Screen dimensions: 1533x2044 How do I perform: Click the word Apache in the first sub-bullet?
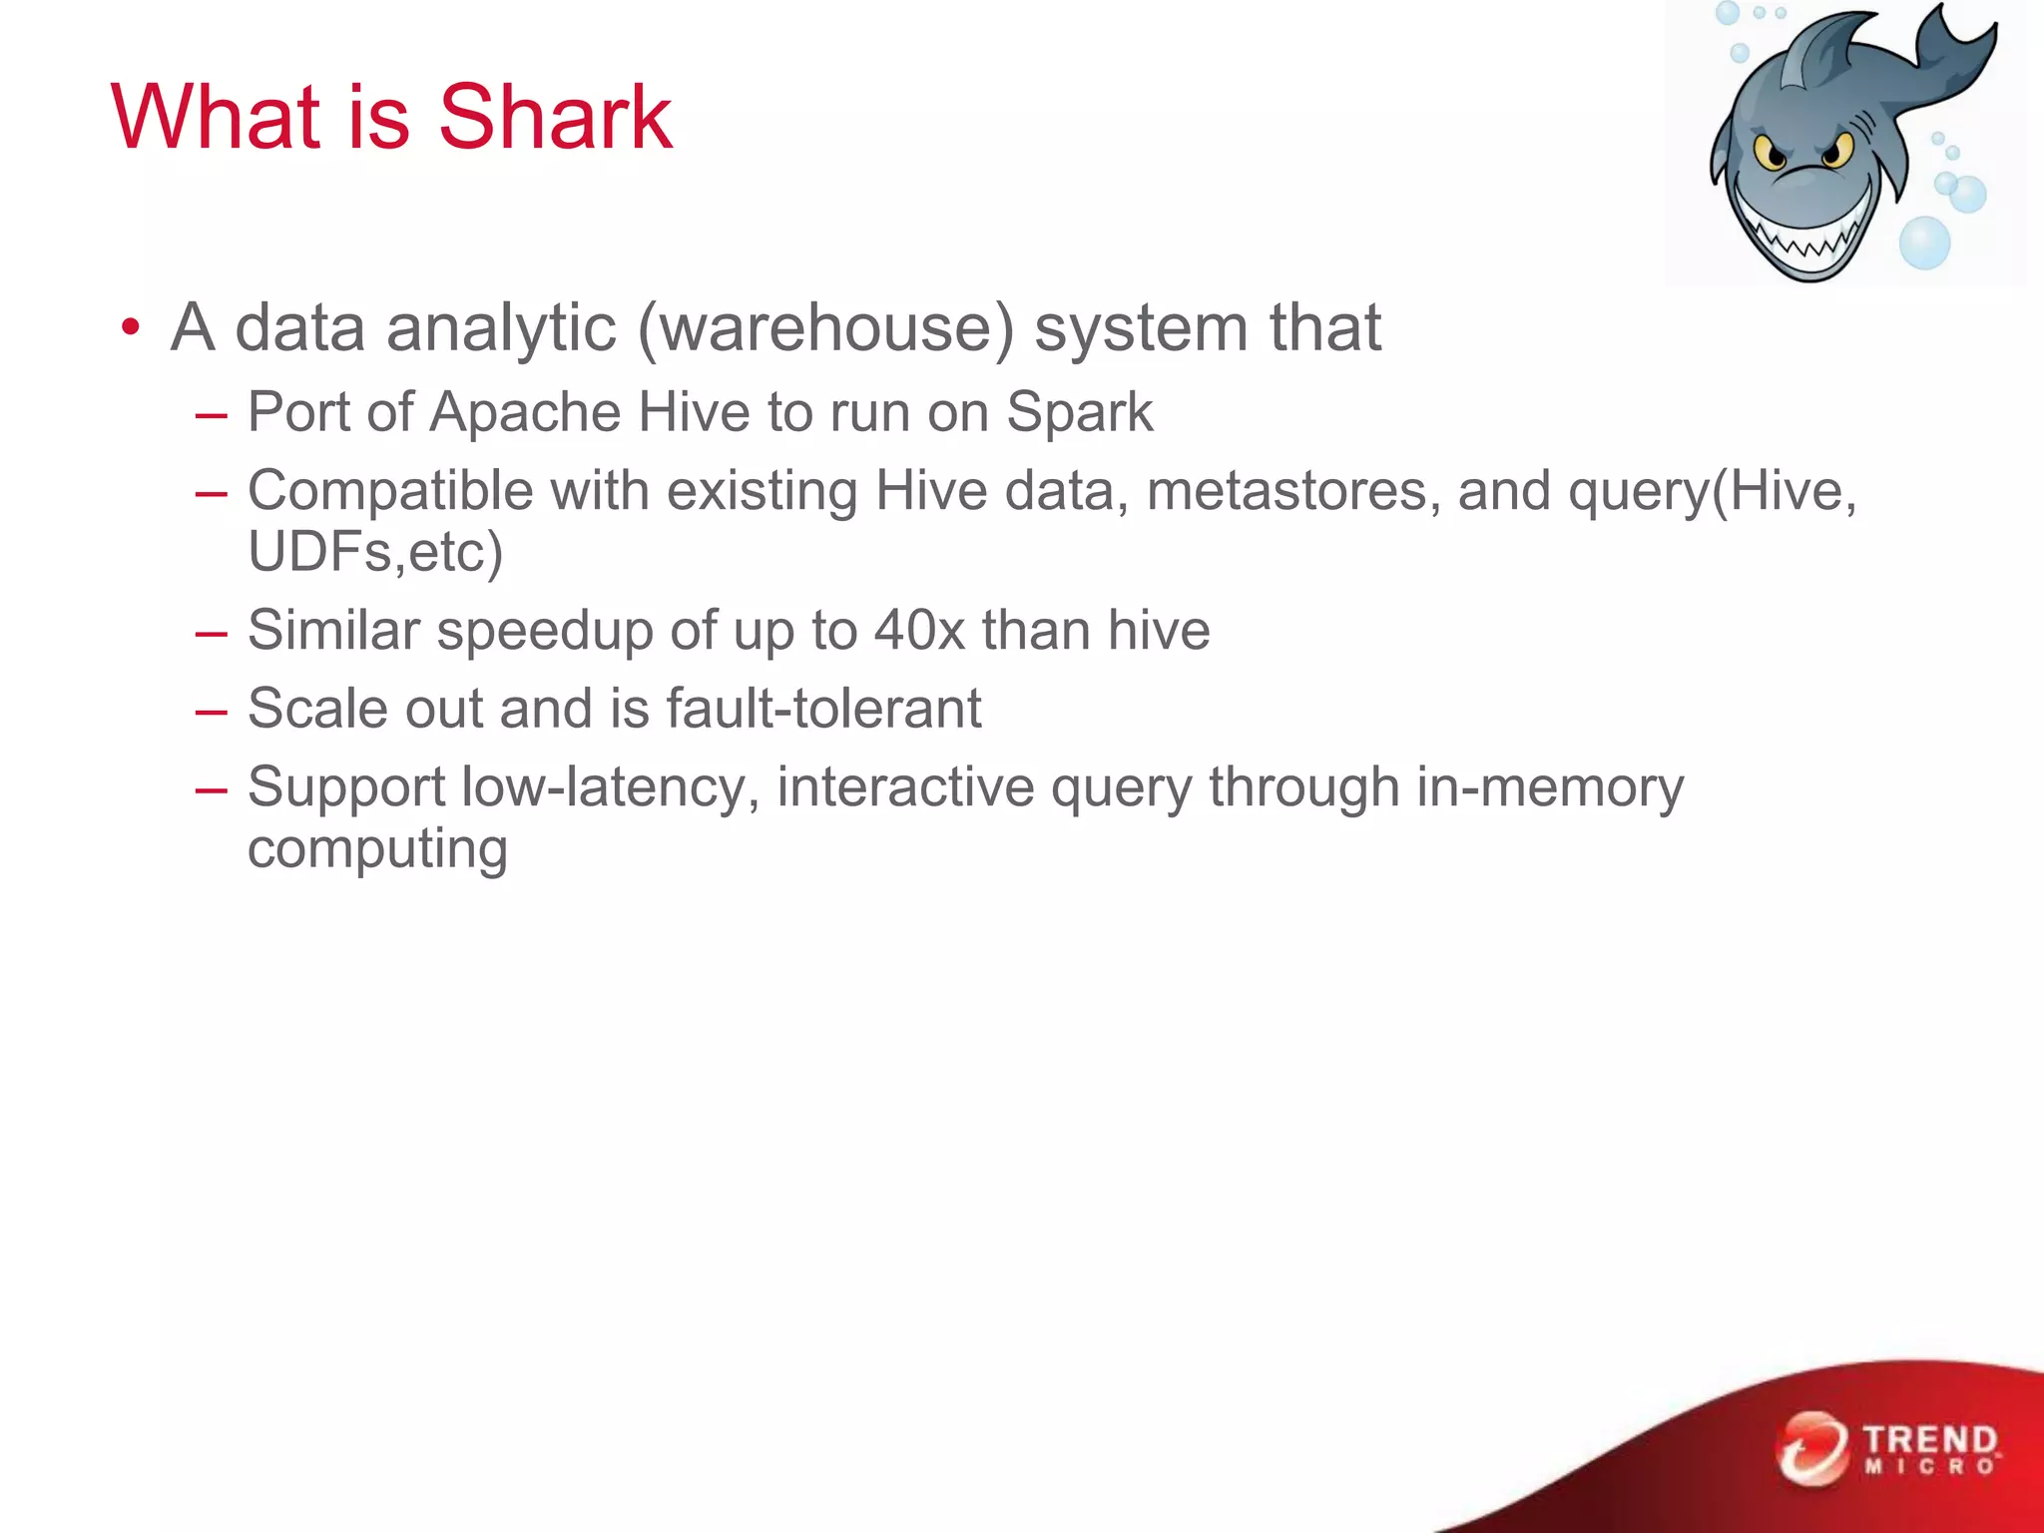click(x=525, y=411)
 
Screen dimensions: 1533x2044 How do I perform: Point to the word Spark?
click(x=1079, y=411)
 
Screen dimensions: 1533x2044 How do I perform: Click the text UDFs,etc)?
click(x=375, y=551)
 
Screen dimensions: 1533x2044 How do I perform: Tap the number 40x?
click(x=919, y=630)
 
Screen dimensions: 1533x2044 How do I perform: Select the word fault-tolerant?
click(x=823, y=708)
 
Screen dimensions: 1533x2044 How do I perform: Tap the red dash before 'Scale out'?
click(x=212, y=712)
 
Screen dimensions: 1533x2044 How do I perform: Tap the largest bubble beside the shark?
click(x=1923, y=243)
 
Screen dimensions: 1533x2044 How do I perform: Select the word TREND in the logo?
click(x=1930, y=1440)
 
